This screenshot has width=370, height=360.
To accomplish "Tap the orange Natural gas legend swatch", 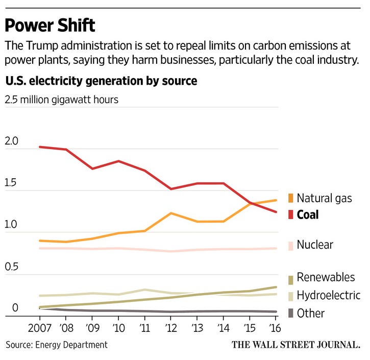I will pos(290,198).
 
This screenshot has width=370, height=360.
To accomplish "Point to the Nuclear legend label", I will pos(314,245).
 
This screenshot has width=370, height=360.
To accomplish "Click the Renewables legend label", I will pos(326,277).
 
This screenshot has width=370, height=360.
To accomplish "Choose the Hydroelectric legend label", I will pos(328,295).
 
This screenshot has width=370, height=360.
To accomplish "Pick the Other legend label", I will pos(310,313).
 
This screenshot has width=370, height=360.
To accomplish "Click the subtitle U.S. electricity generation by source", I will pos(101,81).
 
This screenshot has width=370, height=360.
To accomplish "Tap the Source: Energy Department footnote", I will pos(57,345).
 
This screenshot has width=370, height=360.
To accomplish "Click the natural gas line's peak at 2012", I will pos(171,213).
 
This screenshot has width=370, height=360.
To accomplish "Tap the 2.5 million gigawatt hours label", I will pos(61,99).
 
